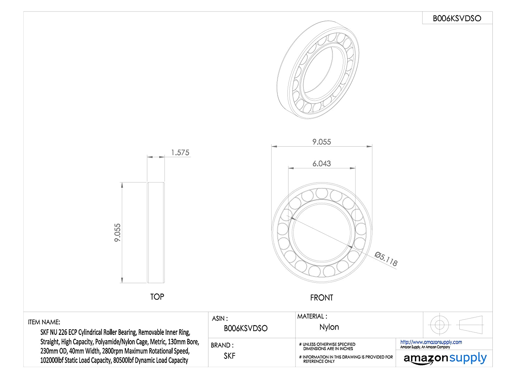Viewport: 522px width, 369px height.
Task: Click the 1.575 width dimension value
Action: point(180,152)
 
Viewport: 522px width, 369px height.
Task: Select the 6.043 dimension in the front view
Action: point(322,164)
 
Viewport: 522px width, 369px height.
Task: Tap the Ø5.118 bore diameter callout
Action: point(386,259)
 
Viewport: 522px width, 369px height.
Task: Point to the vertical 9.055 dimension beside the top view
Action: point(118,233)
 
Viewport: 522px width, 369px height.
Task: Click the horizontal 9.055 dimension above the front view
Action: point(322,142)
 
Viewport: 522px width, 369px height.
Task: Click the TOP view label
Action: point(157,297)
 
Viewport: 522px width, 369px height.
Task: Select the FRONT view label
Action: point(322,298)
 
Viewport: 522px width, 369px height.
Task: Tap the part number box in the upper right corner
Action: point(457,18)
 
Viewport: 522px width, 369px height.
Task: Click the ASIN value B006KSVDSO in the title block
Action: point(246,328)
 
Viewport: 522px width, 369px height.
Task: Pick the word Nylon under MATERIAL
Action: point(329,327)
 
